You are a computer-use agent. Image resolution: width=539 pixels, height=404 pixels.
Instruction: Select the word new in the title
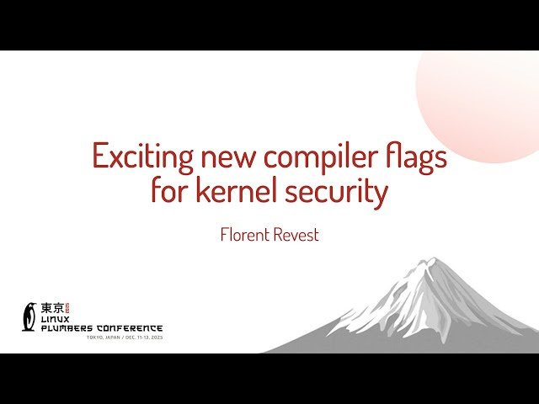pyautogui.click(x=231, y=157)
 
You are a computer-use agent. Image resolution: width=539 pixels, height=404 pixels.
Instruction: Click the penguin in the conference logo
pyautogui.click(x=30, y=316)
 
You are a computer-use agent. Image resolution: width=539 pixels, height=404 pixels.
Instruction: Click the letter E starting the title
pyautogui.click(x=98, y=157)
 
